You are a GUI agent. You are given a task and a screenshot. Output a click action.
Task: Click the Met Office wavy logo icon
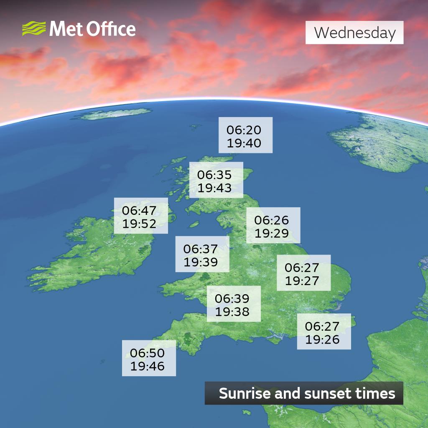pos(34,29)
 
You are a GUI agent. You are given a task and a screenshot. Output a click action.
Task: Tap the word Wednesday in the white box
pos(354,33)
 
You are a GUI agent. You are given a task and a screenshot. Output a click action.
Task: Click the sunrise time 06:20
pos(244,130)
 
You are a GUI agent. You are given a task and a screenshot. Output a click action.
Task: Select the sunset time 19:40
pos(244,143)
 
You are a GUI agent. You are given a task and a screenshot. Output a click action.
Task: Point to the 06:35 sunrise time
pos(214,174)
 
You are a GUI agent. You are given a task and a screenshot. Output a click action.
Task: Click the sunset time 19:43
pos(214,188)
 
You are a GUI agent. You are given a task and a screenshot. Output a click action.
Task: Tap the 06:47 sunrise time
pos(139,210)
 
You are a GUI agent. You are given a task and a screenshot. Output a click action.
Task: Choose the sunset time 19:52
pos(139,223)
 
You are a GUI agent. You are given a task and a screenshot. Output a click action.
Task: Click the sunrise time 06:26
pos(272,219)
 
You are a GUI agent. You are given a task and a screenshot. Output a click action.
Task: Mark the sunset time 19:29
pos(272,233)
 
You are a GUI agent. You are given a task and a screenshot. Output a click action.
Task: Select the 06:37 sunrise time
pos(201,249)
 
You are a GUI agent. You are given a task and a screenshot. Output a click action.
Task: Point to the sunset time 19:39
pos(201,262)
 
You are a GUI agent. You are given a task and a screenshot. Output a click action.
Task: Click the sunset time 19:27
pos(302,280)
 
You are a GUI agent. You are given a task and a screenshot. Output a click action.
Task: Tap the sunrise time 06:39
pos(232,298)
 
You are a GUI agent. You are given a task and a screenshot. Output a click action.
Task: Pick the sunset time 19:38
pos(232,311)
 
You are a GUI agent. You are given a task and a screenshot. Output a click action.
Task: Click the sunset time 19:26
pos(322,339)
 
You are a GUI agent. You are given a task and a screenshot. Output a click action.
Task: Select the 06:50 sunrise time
pos(147,353)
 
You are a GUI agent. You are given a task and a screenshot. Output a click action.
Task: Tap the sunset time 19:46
pos(147,367)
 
